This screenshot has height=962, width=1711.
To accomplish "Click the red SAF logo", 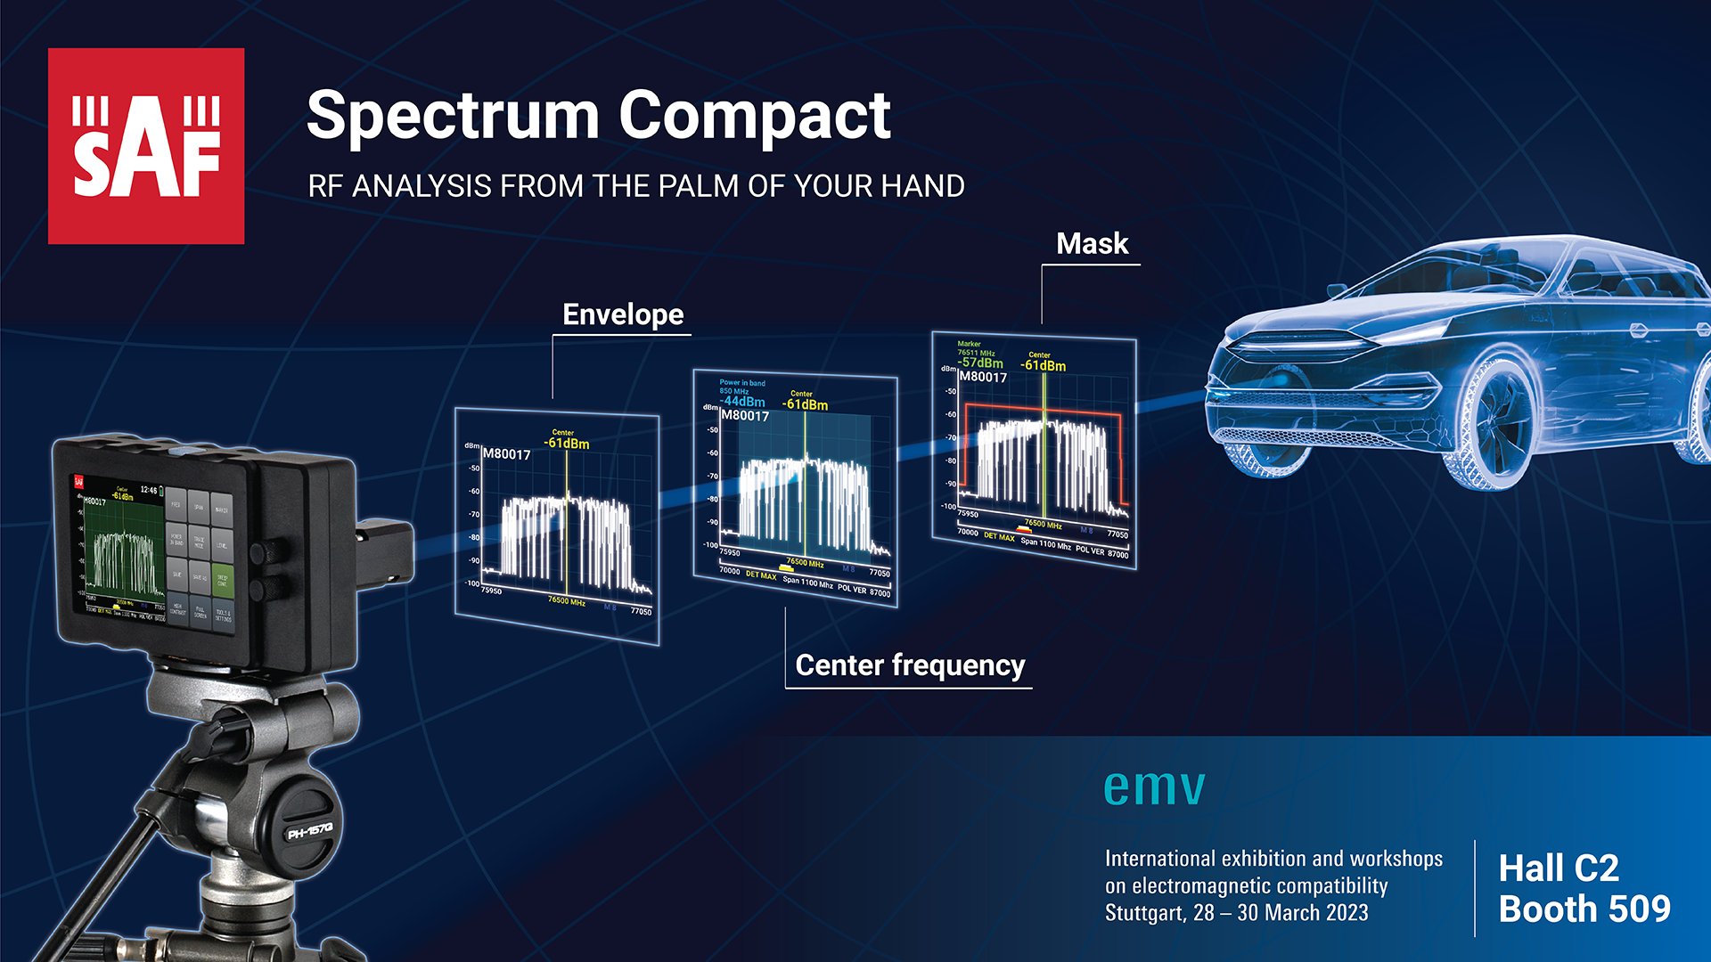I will click(x=146, y=146).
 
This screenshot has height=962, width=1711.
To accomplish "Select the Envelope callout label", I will click(x=623, y=314).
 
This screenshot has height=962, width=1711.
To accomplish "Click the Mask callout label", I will click(x=1092, y=244).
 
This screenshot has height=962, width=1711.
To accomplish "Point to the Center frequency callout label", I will click(x=910, y=665).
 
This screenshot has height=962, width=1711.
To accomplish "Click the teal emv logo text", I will click(x=1154, y=787).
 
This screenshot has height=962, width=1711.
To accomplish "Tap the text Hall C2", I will click(x=1558, y=868).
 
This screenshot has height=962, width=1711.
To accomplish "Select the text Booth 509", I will click(x=1584, y=909).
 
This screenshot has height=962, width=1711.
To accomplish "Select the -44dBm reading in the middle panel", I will click(x=742, y=402).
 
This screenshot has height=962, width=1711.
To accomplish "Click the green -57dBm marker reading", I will click(x=980, y=363).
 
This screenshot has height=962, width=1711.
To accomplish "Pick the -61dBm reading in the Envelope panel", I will click(x=568, y=444).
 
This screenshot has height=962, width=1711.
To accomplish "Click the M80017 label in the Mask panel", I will click(x=983, y=378).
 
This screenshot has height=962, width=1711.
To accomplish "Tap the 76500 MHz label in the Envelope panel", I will click(x=567, y=601).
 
